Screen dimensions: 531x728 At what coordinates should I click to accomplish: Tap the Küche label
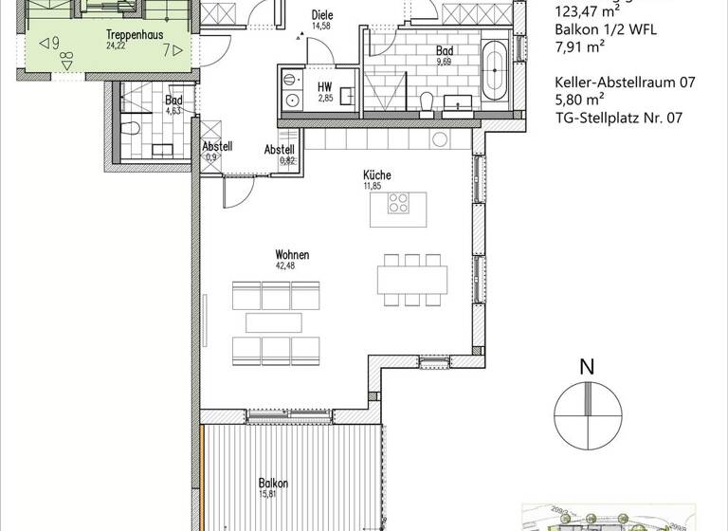(376, 174)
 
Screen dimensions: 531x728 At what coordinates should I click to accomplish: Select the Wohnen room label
(292, 255)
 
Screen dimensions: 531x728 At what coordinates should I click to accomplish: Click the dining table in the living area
(412, 280)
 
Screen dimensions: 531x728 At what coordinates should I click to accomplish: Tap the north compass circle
(588, 415)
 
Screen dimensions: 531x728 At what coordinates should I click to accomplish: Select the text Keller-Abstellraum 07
(626, 82)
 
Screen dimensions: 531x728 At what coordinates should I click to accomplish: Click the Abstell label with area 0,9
(216, 148)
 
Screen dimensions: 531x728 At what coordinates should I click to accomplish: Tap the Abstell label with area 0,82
(280, 150)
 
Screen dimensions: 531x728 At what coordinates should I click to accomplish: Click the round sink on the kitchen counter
(439, 139)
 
